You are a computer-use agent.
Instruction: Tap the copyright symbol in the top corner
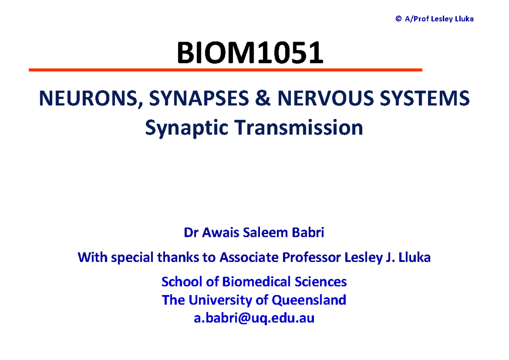398,19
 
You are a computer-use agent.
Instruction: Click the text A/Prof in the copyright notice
415,19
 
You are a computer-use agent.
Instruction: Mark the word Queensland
309,300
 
